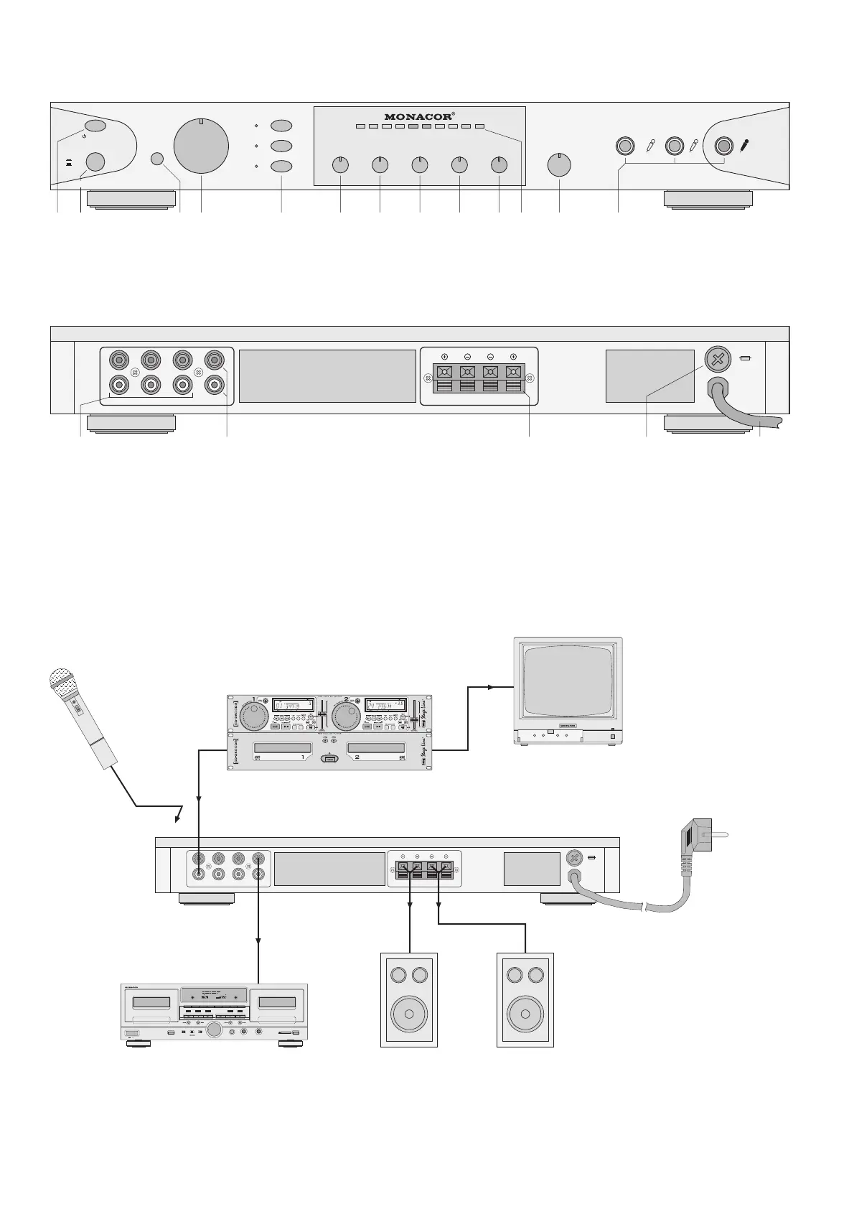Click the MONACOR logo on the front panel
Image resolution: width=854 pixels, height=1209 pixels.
tap(418, 116)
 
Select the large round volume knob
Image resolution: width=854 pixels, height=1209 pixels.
tap(202, 146)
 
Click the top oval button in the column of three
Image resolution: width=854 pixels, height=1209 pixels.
tap(281, 125)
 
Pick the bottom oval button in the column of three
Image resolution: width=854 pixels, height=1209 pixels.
tap(281, 167)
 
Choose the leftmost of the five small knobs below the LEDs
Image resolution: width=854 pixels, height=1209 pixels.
tap(340, 165)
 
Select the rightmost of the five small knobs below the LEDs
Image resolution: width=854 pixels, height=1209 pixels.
tap(499, 165)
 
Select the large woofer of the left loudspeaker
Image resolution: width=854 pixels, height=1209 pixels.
tap(408, 1015)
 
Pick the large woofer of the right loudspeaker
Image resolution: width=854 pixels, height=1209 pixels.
tap(525, 1015)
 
